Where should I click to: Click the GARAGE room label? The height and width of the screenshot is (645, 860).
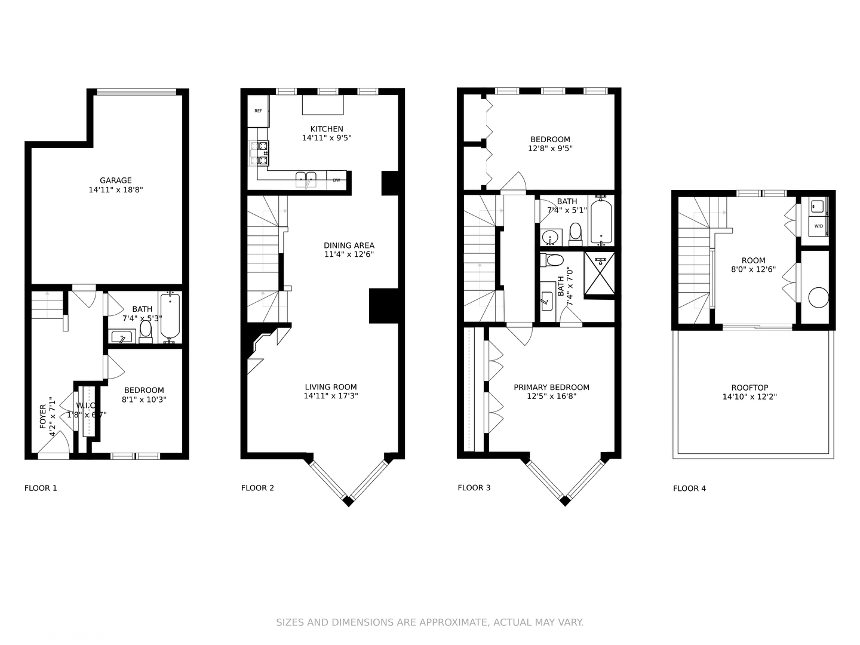coord(115,180)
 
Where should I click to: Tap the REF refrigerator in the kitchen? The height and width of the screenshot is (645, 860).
coord(258,111)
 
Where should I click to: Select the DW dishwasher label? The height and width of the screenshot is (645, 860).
coord(336,180)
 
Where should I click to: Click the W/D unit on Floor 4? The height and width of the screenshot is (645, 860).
coord(818,226)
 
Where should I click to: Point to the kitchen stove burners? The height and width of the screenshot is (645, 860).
coord(263,153)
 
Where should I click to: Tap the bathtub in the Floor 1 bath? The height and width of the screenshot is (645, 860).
coord(170,317)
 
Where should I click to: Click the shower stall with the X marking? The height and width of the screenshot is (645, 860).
coord(599,274)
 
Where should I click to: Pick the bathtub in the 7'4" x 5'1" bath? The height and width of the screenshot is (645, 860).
coord(601,221)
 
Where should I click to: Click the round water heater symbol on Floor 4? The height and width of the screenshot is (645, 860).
coord(818,297)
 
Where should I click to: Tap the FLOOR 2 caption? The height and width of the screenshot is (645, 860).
coord(257,488)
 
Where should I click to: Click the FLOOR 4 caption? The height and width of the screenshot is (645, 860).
coord(689,489)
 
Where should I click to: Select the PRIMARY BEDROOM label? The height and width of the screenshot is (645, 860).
coord(551,388)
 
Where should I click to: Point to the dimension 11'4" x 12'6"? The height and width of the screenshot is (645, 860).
coord(349,254)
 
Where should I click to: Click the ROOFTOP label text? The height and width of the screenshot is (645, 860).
coord(750,388)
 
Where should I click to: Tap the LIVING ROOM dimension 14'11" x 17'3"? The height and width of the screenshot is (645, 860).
coord(331,396)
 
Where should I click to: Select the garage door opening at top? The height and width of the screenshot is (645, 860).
coord(137,91)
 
